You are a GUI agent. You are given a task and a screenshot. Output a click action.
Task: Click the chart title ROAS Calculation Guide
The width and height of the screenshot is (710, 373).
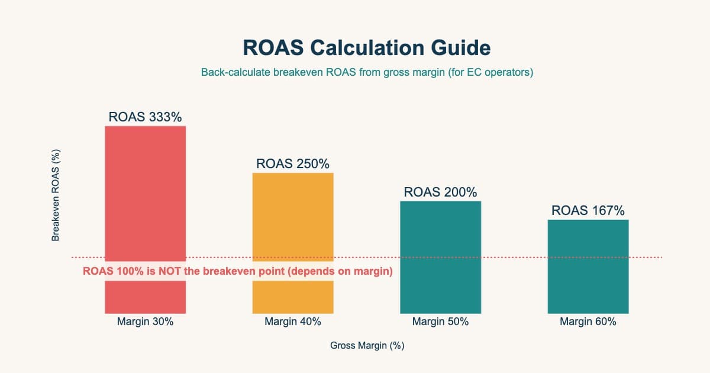click(367, 47)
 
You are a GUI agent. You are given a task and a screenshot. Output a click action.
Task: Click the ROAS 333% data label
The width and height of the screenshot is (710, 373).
click(145, 117)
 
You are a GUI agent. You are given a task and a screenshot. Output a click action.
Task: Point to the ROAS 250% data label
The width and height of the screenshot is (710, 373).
click(293, 164)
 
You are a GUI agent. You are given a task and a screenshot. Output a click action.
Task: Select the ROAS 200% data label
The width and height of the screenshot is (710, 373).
click(440, 192)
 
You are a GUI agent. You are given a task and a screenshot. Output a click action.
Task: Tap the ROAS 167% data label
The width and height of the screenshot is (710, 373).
click(588, 210)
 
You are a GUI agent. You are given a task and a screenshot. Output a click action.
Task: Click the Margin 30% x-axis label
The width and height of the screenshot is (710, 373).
click(145, 322)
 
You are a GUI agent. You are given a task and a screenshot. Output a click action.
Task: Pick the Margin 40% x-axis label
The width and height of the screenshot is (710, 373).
click(293, 322)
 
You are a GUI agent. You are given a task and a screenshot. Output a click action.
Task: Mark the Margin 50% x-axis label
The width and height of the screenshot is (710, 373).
click(440, 322)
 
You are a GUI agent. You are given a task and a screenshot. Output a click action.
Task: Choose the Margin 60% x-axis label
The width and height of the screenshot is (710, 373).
click(588, 322)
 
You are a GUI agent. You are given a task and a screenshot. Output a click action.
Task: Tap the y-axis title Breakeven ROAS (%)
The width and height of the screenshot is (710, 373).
click(56, 195)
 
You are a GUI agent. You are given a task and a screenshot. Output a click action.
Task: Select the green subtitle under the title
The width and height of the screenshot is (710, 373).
click(367, 73)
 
